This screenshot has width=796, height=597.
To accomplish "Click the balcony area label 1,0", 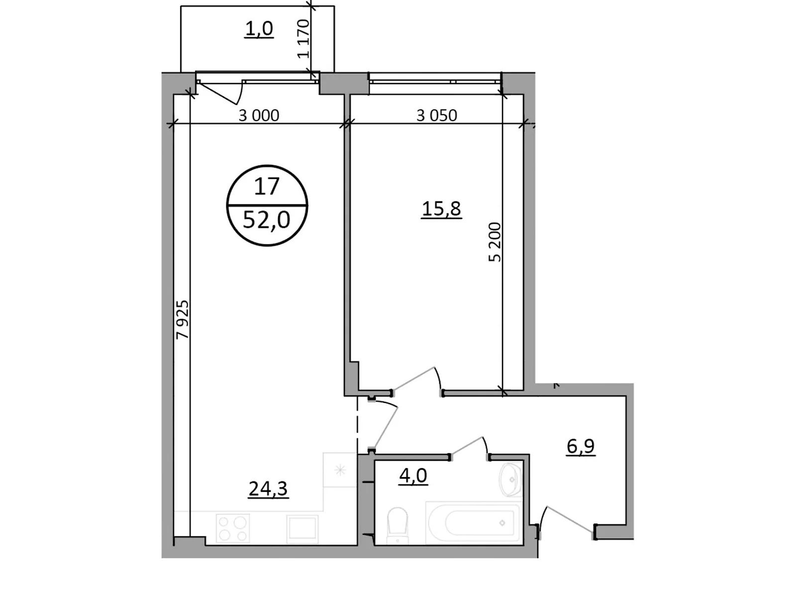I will coord(259,29).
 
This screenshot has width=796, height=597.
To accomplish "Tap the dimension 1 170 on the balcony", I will coord(303,39).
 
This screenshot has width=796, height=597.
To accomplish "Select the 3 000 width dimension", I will coord(259,115).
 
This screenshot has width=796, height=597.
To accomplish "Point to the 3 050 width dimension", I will coord(436,115).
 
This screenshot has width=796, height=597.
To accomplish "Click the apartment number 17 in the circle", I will coord(267,187).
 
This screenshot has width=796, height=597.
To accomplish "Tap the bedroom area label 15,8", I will coord(441,209).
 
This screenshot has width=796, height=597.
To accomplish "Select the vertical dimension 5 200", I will coord(495,242).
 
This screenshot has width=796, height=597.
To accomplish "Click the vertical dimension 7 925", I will coord(183,319).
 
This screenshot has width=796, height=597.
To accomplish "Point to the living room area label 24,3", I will coord(268,490).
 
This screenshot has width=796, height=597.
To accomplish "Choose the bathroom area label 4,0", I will coord(413,476).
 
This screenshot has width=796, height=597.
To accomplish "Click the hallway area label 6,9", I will coord(581,447).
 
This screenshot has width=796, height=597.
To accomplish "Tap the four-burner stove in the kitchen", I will coord(233,528).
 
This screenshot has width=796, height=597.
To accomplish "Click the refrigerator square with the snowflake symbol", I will coord(340,470).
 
